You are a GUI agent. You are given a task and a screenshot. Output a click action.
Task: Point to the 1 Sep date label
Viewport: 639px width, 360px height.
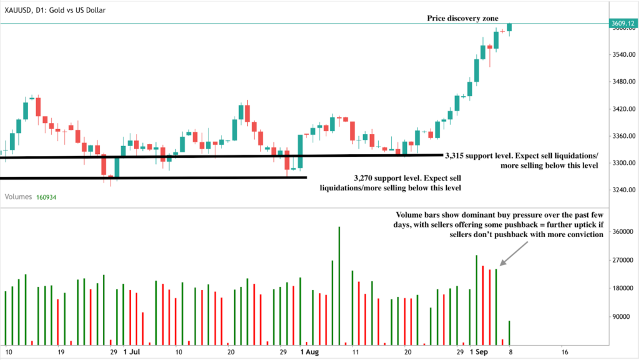tap(479, 352)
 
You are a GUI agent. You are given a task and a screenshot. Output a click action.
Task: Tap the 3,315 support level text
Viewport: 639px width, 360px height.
tap(521, 160)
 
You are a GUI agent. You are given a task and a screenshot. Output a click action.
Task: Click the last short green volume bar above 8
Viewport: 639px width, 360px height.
tap(510, 332)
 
